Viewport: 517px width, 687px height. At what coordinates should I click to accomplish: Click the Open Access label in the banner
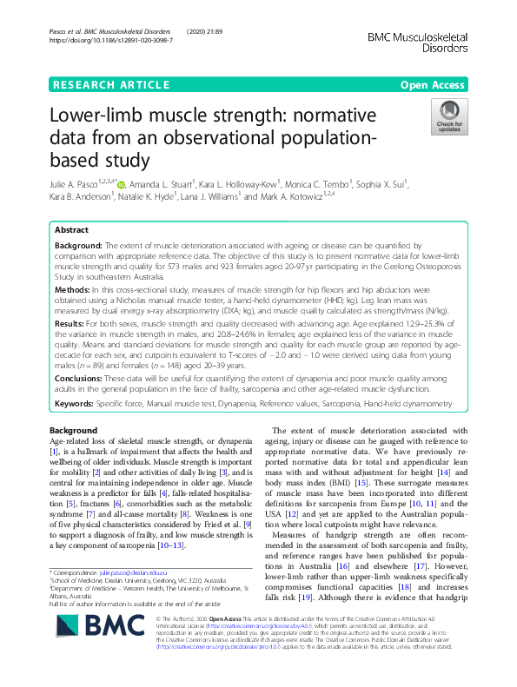tap(432, 85)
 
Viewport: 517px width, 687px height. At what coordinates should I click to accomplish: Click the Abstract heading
tap(71, 231)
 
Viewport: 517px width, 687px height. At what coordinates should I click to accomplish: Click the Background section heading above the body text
tap(73, 431)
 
